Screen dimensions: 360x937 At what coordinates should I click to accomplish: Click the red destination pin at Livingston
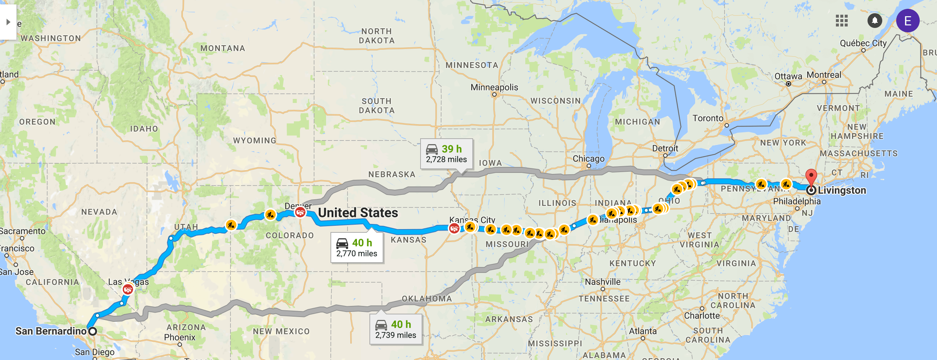pos(811,177)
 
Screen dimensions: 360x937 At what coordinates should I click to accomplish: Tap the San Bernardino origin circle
pos(93,331)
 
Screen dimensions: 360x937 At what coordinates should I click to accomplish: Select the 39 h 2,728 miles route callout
pos(446,154)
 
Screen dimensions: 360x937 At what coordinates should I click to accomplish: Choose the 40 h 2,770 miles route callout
pos(357,247)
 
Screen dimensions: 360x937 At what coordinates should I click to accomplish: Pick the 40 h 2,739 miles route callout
pos(396,329)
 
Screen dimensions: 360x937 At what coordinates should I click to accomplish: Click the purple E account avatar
pos(908,21)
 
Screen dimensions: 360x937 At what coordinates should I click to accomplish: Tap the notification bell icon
pos(875,21)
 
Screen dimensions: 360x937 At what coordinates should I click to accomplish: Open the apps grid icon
pos(841,21)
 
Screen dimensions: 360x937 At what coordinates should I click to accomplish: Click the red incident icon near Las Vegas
pos(128,290)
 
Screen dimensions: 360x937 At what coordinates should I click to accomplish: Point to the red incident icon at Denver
pos(300,212)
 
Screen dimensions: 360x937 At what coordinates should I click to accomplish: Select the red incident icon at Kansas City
pos(454,228)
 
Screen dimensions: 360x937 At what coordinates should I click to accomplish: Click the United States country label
pos(358,213)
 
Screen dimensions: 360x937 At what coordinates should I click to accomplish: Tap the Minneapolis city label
pos(494,88)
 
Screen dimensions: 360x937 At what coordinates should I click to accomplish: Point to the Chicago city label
pos(588,159)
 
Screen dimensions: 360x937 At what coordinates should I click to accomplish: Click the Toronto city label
pos(708,118)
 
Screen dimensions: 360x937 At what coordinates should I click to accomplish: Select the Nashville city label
pos(602,282)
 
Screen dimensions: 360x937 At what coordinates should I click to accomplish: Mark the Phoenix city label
pos(179,337)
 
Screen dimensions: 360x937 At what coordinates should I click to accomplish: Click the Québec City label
pos(863,43)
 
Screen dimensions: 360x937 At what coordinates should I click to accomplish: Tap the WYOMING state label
pos(254,140)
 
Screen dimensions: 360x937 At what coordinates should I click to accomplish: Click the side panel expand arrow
pos(8,22)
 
